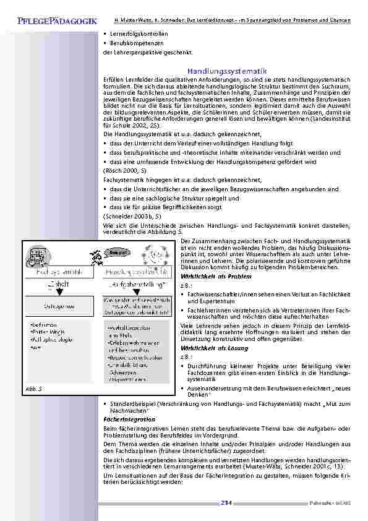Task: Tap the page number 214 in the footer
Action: coord(226,503)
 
